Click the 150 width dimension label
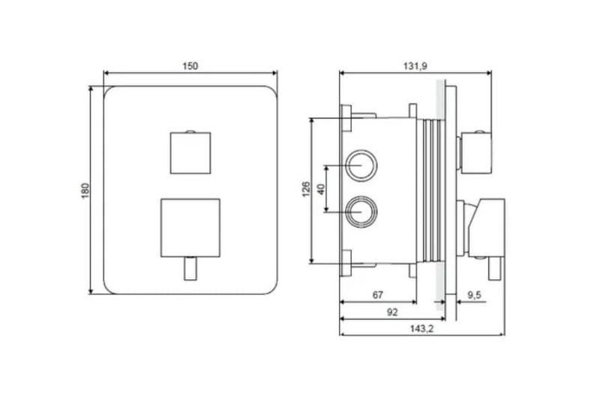[x=190, y=66]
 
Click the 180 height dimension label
[x=85, y=191]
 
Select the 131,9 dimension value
[x=415, y=66]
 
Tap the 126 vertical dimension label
[x=307, y=190]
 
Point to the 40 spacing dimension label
[x=321, y=189]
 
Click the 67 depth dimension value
[x=378, y=295]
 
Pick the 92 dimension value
[x=392, y=312]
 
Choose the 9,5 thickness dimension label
[x=475, y=295]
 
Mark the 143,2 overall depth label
[x=422, y=329]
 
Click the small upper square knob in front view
[x=190, y=153]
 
